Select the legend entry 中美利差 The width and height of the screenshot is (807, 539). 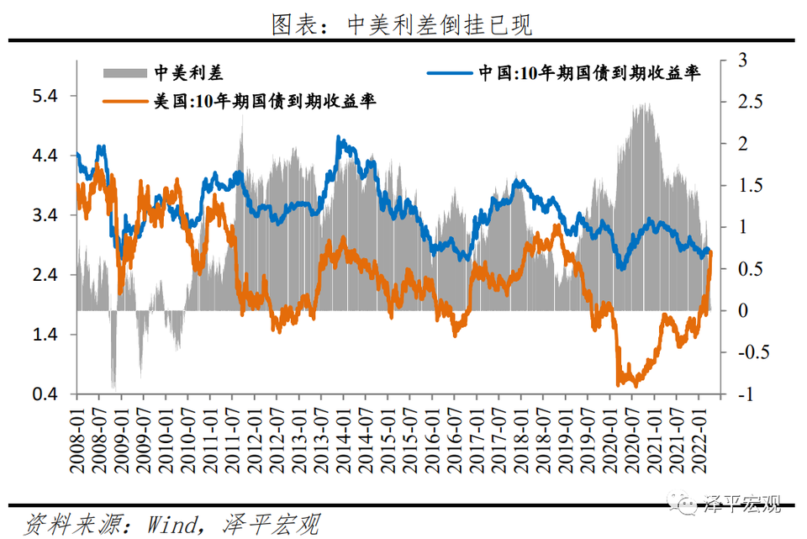(x=165, y=71)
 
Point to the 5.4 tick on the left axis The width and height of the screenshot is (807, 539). (x=43, y=97)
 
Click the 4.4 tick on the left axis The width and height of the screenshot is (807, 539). (x=43, y=156)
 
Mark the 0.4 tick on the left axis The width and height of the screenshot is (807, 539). (x=43, y=394)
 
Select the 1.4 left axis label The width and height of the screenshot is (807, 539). (x=43, y=335)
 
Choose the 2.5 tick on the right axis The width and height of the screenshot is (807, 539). (x=745, y=102)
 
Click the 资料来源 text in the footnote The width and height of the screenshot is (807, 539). (x=63, y=525)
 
